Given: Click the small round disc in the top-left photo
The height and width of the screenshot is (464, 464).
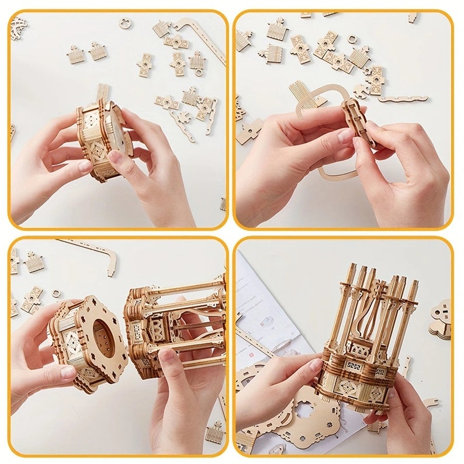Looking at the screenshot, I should pyautogui.click(x=125, y=23).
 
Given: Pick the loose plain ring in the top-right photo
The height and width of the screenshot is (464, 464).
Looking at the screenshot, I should pyautogui.click(x=352, y=39).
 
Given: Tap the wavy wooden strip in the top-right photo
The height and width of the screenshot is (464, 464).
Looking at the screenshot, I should pyautogui.click(x=403, y=98).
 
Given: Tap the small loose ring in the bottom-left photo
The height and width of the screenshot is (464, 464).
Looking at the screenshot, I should pyautogui.click(x=56, y=294).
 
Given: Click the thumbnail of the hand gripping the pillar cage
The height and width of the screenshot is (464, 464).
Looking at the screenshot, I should pyautogui.click(x=168, y=355).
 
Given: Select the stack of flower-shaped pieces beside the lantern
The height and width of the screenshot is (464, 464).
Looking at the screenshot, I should pyautogui.click(x=441, y=318).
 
